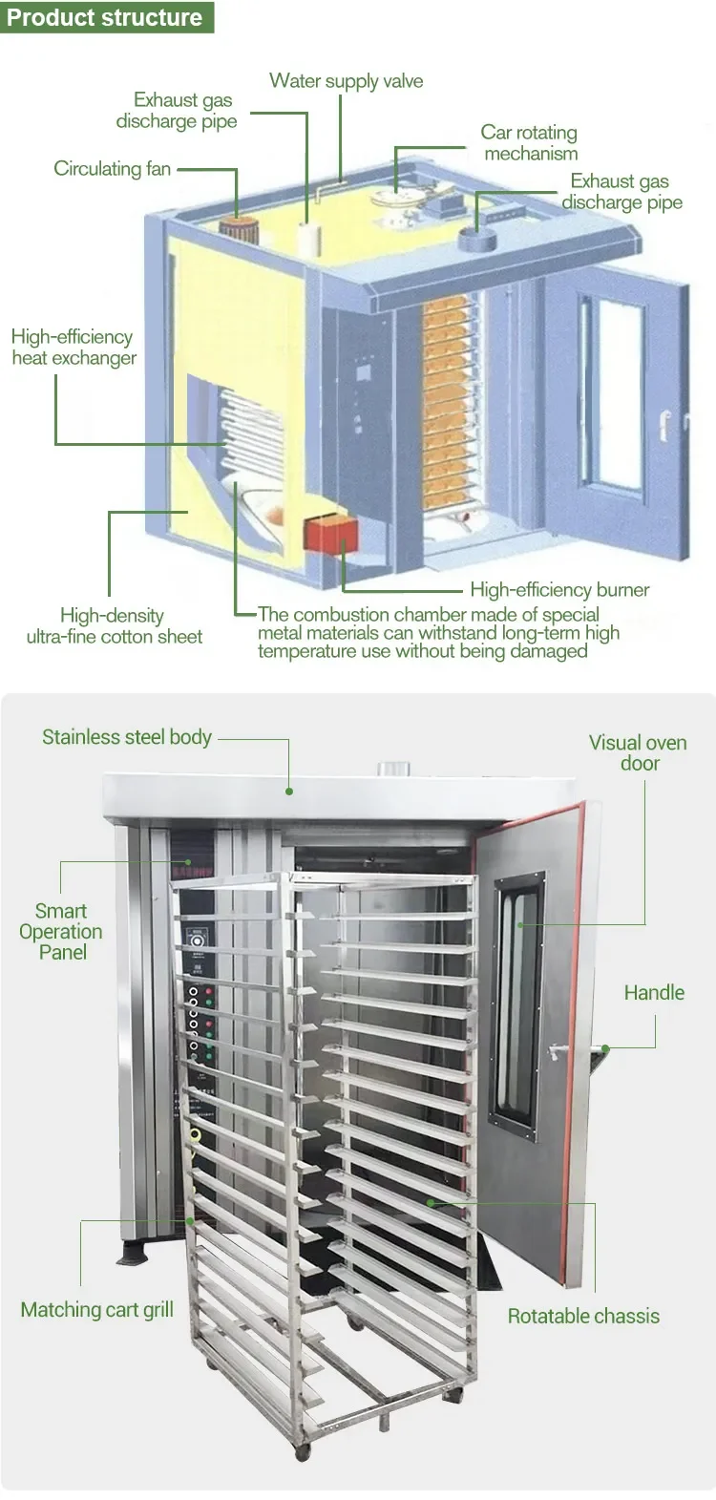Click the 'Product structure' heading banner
click(x=105, y=17)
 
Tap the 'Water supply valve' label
click(x=346, y=81)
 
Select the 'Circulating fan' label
click(x=112, y=169)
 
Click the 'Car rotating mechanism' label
click(x=530, y=143)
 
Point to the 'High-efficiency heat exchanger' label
click(x=73, y=348)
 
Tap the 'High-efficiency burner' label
click(x=559, y=590)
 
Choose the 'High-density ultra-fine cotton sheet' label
click(x=114, y=626)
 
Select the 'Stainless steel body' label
click(x=126, y=737)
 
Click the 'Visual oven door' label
click(x=638, y=752)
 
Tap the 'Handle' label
click(x=654, y=993)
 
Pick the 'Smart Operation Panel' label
click(x=61, y=932)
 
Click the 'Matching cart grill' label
click(x=96, y=1310)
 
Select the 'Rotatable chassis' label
click(x=583, y=1316)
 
